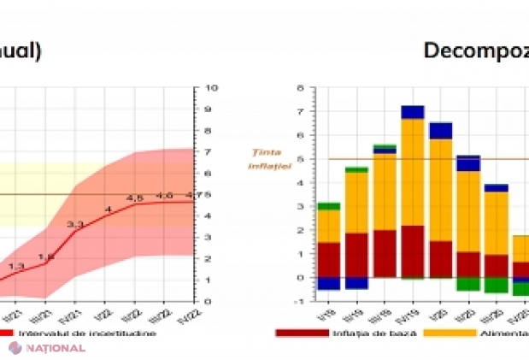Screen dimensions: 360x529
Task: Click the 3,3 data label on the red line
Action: coord(75,225)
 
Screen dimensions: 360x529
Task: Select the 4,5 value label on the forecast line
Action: coord(134,198)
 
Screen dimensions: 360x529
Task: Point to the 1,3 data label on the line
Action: coord(16,267)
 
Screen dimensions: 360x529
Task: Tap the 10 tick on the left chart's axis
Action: coord(211,87)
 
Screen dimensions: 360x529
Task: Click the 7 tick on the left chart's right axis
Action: coord(209,151)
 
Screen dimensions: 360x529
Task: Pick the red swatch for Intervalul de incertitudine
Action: coord(6,333)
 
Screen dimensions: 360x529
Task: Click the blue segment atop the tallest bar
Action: coord(413,112)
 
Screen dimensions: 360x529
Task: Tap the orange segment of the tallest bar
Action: coord(413,172)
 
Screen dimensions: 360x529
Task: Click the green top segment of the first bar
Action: coord(329,206)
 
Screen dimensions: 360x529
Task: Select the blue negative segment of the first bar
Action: coord(329,283)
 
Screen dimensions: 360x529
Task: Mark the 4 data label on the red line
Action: coord(108,210)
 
